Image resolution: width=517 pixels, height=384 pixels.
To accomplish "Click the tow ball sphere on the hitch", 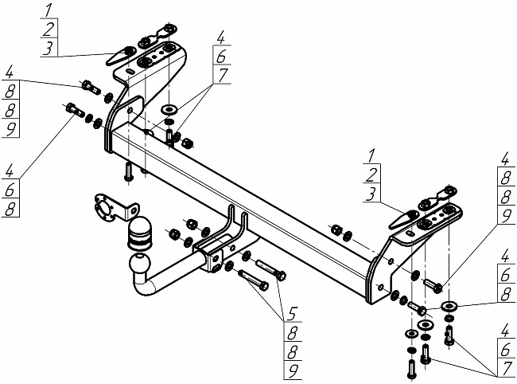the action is (x=140, y=264).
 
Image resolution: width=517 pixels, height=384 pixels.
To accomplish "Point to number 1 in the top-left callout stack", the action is (x=48, y=10).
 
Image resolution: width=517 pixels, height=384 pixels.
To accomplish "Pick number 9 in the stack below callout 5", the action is (x=293, y=372).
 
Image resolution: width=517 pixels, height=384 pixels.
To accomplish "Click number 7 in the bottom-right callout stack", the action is (x=506, y=370).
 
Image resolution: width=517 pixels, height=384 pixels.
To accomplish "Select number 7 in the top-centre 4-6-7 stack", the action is (x=222, y=75).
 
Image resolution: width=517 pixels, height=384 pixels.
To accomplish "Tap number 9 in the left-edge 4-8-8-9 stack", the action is (x=10, y=129).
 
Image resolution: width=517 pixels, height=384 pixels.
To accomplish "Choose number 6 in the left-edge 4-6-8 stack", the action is (x=10, y=190).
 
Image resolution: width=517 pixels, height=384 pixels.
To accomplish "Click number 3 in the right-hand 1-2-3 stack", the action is (x=371, y=194).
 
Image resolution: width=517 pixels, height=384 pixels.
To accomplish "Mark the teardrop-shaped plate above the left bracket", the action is (x=121, y=55).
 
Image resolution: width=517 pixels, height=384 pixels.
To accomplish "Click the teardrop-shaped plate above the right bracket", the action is (x=404, y=219).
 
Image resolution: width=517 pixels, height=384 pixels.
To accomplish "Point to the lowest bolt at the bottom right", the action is (x=411, y=369).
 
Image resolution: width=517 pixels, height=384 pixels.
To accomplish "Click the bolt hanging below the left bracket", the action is (x=128, y=171).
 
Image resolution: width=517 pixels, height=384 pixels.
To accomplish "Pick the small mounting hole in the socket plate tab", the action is (x=134, y=210).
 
